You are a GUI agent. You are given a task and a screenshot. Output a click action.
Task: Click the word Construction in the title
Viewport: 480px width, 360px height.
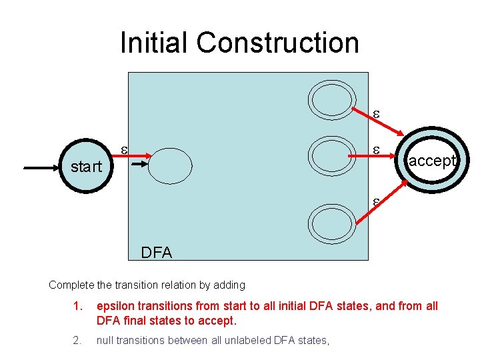[278, 43]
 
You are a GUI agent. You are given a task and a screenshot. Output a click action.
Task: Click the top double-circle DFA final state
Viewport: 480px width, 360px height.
[331, 100]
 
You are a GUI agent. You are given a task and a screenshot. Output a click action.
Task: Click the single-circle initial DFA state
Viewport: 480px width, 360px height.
[169, 165]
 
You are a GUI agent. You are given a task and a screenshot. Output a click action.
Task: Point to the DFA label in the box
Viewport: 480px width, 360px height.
[156, 253]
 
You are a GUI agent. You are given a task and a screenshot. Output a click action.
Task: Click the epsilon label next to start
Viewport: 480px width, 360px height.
[123, 149]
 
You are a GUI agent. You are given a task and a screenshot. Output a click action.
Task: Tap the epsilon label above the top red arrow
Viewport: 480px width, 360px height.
[375, 114]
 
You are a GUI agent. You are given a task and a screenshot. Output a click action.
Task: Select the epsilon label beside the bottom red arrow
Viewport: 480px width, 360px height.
[375, 199]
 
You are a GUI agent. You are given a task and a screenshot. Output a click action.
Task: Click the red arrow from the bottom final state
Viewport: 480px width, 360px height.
[377, 206]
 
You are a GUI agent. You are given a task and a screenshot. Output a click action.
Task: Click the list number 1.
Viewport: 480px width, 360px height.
[78, 306]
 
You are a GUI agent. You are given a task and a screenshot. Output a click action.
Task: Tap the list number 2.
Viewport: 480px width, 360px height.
[78, 341]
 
